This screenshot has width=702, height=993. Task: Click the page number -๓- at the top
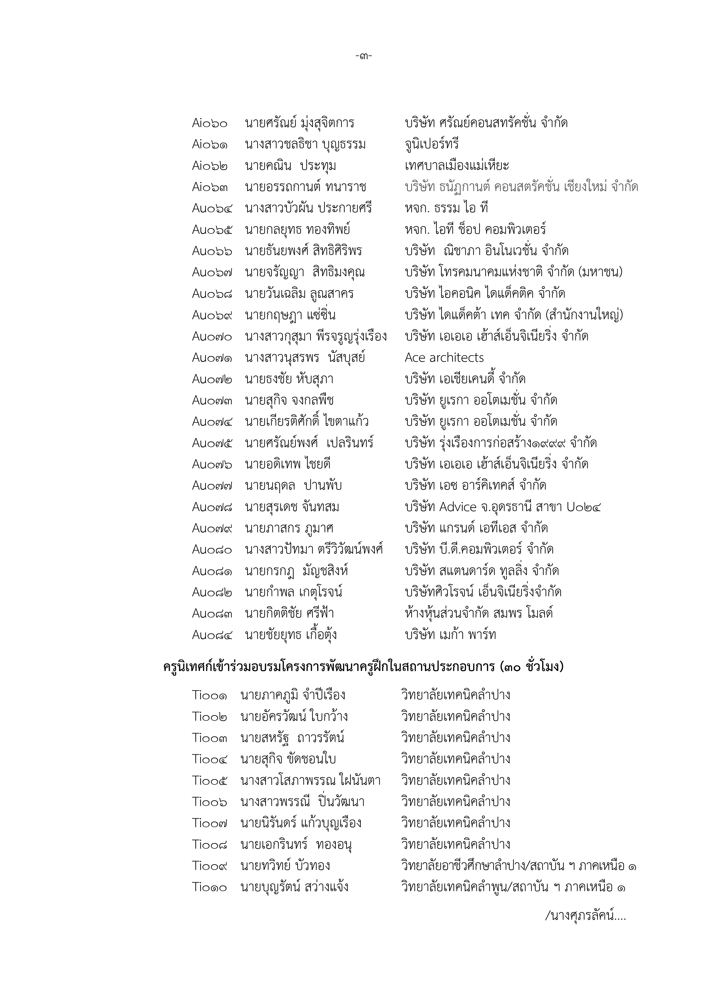pyautogui.click(x=363, y=56)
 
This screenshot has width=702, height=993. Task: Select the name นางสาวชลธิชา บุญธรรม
pyautogui.click(x=305, y=144)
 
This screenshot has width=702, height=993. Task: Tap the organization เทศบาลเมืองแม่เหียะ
pyautogui.click(x=457, y=166)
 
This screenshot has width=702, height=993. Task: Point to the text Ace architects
pyautogui.click(x=444, y=358)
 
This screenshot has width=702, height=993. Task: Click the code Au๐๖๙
pyautogui.click(x=212, y=315)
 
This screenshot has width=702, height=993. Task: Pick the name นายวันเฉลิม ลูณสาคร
pyautogui.click(x=299, y=294)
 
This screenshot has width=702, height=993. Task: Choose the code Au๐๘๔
pyautogui.click(x=212, y=635)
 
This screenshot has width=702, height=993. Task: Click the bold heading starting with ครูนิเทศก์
pyautogui.click(x=363, y=667)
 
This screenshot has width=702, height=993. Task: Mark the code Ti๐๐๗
pyautogui.click(x=210, y=823)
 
